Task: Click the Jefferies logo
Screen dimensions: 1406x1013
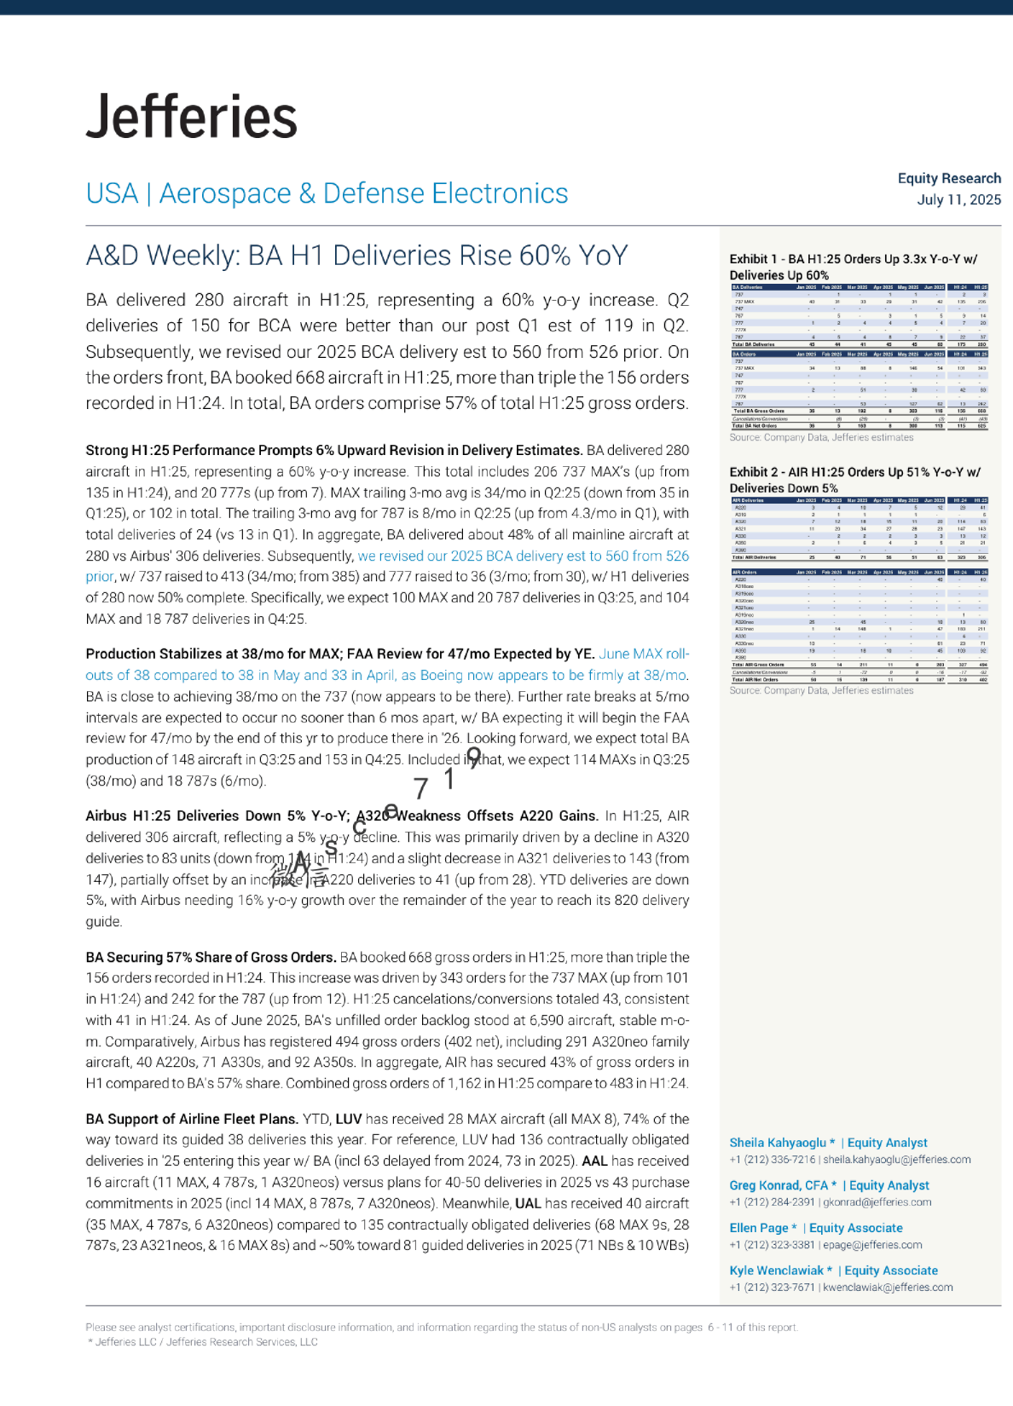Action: coord(192,117)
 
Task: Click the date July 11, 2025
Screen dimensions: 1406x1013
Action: coord(958,199)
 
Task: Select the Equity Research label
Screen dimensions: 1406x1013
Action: coord(949,178)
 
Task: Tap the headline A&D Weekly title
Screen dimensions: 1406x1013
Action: coord(356,256)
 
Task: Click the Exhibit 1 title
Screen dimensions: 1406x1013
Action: coord(853,267)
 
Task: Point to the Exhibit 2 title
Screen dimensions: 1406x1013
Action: coord(854,480)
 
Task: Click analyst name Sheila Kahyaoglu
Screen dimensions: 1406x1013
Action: coord(777,1143)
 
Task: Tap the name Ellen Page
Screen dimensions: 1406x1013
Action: coord(759,1228)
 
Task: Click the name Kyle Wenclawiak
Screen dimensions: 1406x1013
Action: coord(776,1271)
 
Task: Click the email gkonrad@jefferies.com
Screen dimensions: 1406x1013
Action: coord(877,1202)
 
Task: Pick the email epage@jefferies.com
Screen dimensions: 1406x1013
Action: coord(872,1245)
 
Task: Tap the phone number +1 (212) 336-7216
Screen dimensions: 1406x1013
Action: coord(773,1160)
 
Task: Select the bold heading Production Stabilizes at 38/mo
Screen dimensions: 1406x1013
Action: coord(339,654)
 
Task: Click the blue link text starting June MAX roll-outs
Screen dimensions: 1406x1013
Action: coord(644,654)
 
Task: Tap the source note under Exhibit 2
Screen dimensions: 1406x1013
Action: coord(820,690)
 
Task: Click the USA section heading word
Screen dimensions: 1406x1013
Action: coord(112,193)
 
